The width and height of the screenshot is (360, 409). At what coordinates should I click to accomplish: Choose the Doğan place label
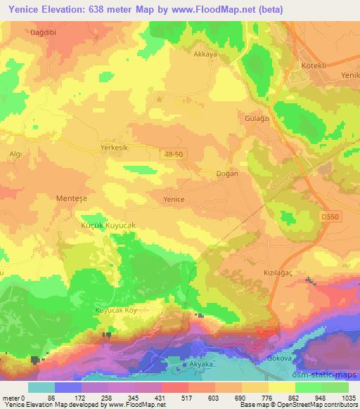[x=226, y=173]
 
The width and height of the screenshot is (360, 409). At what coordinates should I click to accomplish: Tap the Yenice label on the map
[x=174, y=199]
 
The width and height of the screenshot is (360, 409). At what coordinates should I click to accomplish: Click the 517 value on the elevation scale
[x=174, y=398]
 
